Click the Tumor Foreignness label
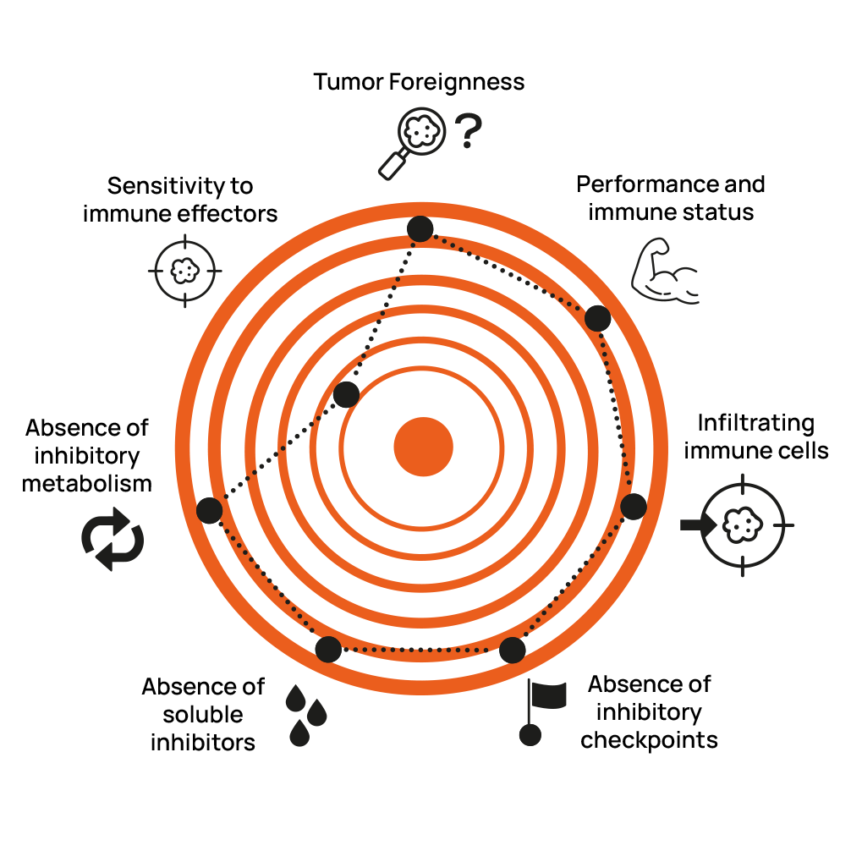[419, 82]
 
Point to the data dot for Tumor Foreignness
[420, 228]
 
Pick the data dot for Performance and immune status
[597, 318]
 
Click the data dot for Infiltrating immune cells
[634, 506]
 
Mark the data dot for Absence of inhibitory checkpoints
[512, 650]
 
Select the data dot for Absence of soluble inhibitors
[328, 649]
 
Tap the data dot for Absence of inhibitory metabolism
[209, 510]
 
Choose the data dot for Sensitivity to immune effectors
[346, 394]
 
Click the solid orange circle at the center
[424, 447]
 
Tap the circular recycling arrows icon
[113, 540]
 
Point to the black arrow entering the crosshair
[697, 525]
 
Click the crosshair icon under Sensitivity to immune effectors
[185, 271]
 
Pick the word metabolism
[87, 484]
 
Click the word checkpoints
[649, 739]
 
